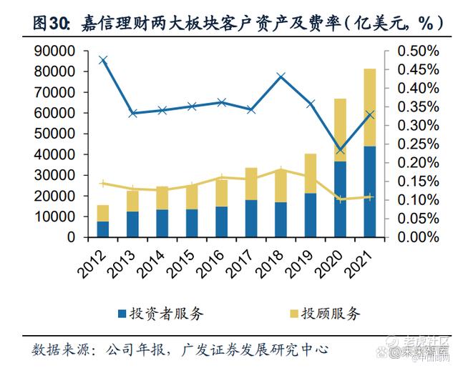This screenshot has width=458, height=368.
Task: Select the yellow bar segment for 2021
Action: (369, 107)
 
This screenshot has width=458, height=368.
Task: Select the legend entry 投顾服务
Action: (329, 313)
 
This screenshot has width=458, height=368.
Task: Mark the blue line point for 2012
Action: (103, 60)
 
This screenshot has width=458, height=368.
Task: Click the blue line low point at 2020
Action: (341, 150)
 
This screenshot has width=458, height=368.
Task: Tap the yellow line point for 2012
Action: (103, 184)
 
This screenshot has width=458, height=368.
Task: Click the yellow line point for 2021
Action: (369, 197)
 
